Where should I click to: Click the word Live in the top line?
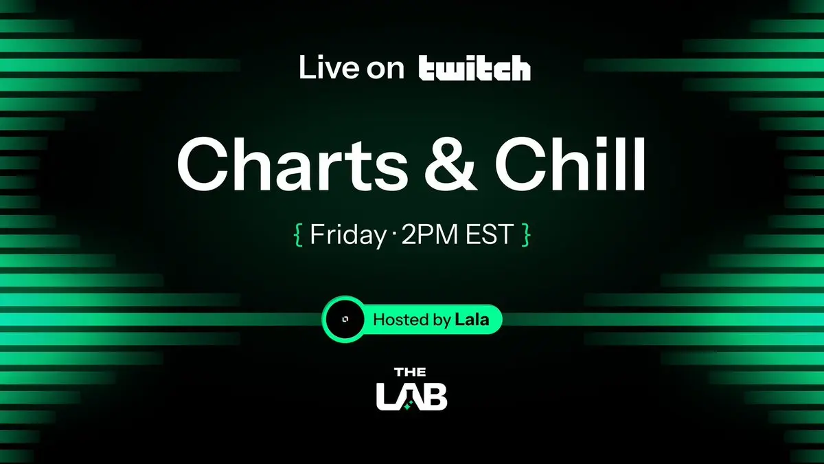pos(328,67)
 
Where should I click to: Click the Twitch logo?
pos(474,68)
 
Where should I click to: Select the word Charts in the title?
pos(293,164)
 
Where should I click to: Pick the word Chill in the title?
pos(571,164)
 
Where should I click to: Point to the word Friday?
pos(348,234)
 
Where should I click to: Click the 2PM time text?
pos(429,234)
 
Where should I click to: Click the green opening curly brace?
pos(298,234)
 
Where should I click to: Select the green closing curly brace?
pos(526,234)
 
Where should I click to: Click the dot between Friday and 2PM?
pos(393,234)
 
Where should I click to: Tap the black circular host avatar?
pos(345,319)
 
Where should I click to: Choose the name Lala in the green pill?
pos(472,319)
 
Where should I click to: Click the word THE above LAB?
pos(410,373)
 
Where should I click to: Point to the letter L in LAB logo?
pos(385,397)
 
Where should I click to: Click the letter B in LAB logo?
pos(435,397)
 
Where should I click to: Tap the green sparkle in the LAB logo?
pos(407,406)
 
